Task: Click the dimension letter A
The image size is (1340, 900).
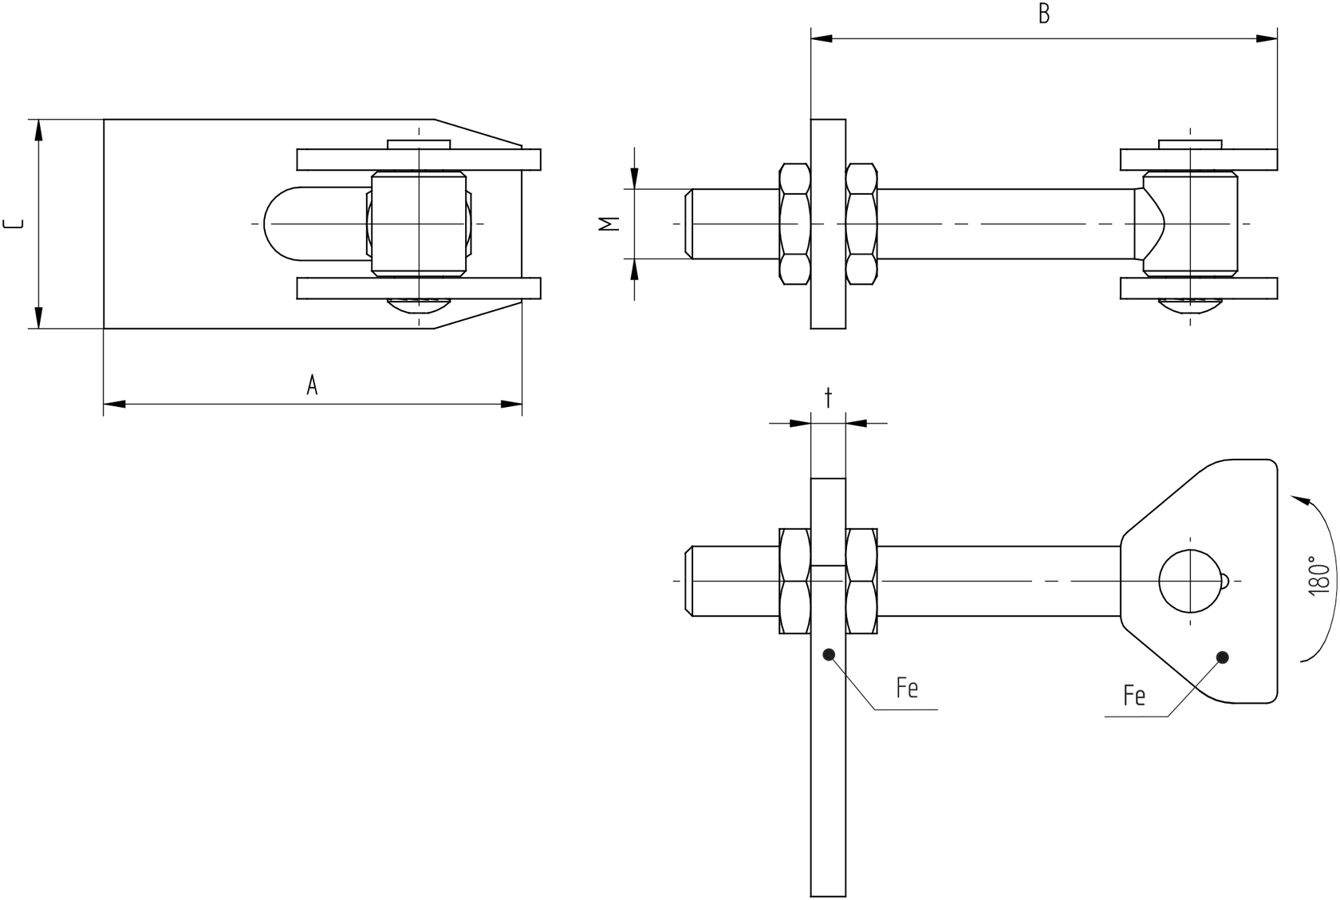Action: (312, 385)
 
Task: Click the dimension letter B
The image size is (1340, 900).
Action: (1043, 14)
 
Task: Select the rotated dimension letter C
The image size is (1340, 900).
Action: (14, 223)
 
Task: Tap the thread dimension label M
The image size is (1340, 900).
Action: (610, 224)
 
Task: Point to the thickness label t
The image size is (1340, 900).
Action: (828, 397)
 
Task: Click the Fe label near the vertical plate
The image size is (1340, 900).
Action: (907, 688)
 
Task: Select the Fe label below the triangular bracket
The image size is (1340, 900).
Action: (1133, 696)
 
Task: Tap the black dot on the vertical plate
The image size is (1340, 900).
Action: (829, 654)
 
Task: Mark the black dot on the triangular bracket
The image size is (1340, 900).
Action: (1222, 657)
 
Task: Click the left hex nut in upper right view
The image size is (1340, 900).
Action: (794, 223)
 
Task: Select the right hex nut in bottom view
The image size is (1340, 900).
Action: (861, 581)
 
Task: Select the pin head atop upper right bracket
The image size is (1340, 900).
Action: (1190, 144)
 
